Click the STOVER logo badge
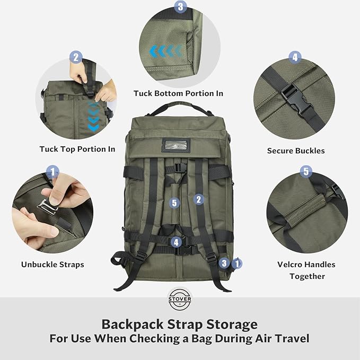pyautogui.click(x=179, y=297)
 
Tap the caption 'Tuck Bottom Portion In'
pyautogui.click(x=178, y=93)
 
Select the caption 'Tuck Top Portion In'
pyautogui.click(x=77, y=149)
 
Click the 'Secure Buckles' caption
pyautogui.click(x=296, y=151)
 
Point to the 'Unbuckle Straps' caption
pyautogui.click(x=52, y=264)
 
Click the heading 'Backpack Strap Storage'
pyautogui.click(x=179, y=323)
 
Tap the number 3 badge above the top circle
pyautogui.click(x=181, y=7)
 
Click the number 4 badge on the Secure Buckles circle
pyautogui.click(x=295, y=57)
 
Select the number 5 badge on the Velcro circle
pyautogui.click(x=305, y=171)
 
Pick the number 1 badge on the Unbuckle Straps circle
pyautogui.click(x=52, y=171)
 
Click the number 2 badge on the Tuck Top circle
pyautogui.click(x=75, y=57)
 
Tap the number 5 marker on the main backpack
pyautogui.click(x=175, y=203)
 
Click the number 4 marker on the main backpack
pyautogui.click(x=176, y=242)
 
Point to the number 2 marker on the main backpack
pyautogui.click(x=199, y=199)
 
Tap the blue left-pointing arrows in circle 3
pyautogui.click(x=166, y=51)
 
